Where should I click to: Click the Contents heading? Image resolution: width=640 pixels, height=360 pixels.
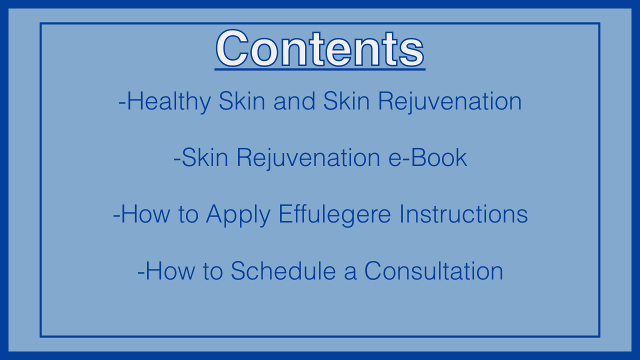320,48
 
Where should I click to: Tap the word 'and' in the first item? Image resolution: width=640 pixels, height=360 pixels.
294,101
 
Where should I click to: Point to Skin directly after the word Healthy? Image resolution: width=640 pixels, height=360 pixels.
242,101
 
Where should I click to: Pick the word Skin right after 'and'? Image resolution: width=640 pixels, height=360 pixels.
346,101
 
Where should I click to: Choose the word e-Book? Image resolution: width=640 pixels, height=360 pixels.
427,157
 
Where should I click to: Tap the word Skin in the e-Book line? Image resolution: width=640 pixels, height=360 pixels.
205,157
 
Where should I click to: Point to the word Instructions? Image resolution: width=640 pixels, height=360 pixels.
463,214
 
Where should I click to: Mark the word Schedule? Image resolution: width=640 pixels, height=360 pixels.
283,270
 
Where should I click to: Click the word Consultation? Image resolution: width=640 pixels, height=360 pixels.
433,270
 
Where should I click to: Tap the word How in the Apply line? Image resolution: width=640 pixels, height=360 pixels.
145,214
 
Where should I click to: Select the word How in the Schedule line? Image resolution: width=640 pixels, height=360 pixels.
170,270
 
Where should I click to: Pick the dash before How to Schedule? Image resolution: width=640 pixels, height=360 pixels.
141,272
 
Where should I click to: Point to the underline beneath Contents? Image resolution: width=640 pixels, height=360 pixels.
320,69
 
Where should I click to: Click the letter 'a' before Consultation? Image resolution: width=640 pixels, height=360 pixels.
350,272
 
